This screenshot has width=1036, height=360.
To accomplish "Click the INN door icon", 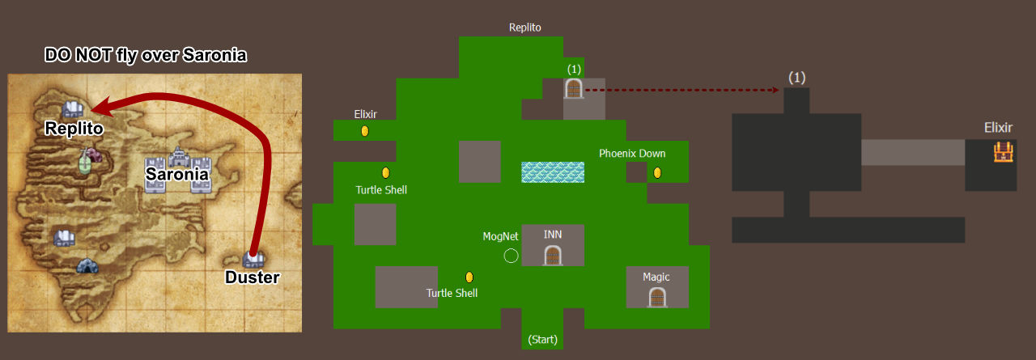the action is point(553,256).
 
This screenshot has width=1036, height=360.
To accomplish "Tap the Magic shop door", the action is point(657,298).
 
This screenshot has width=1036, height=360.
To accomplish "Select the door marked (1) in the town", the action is point(574,88).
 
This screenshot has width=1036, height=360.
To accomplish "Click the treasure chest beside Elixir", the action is point(1003,153).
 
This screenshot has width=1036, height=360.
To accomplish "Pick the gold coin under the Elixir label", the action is point(365,131).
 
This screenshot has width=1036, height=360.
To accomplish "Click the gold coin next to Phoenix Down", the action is point(657,173).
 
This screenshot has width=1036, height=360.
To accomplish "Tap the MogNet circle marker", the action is point(511,256).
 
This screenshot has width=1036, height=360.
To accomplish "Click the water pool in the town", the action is point(553,172).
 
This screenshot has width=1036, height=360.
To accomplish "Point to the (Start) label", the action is point(542,340).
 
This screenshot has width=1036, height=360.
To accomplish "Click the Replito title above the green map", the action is point(525,28).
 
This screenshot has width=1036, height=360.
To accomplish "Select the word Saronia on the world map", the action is point(176,174).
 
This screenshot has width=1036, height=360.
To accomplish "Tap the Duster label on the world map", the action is point(252,277).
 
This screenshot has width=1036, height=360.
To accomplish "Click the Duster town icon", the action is point(253,259).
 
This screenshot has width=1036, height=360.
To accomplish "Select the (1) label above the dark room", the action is point(797,78).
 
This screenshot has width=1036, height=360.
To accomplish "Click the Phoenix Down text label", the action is point(632,154).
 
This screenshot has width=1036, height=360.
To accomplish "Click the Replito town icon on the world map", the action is point(73,109).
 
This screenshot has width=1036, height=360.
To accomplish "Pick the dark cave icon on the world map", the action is point(87,266).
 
